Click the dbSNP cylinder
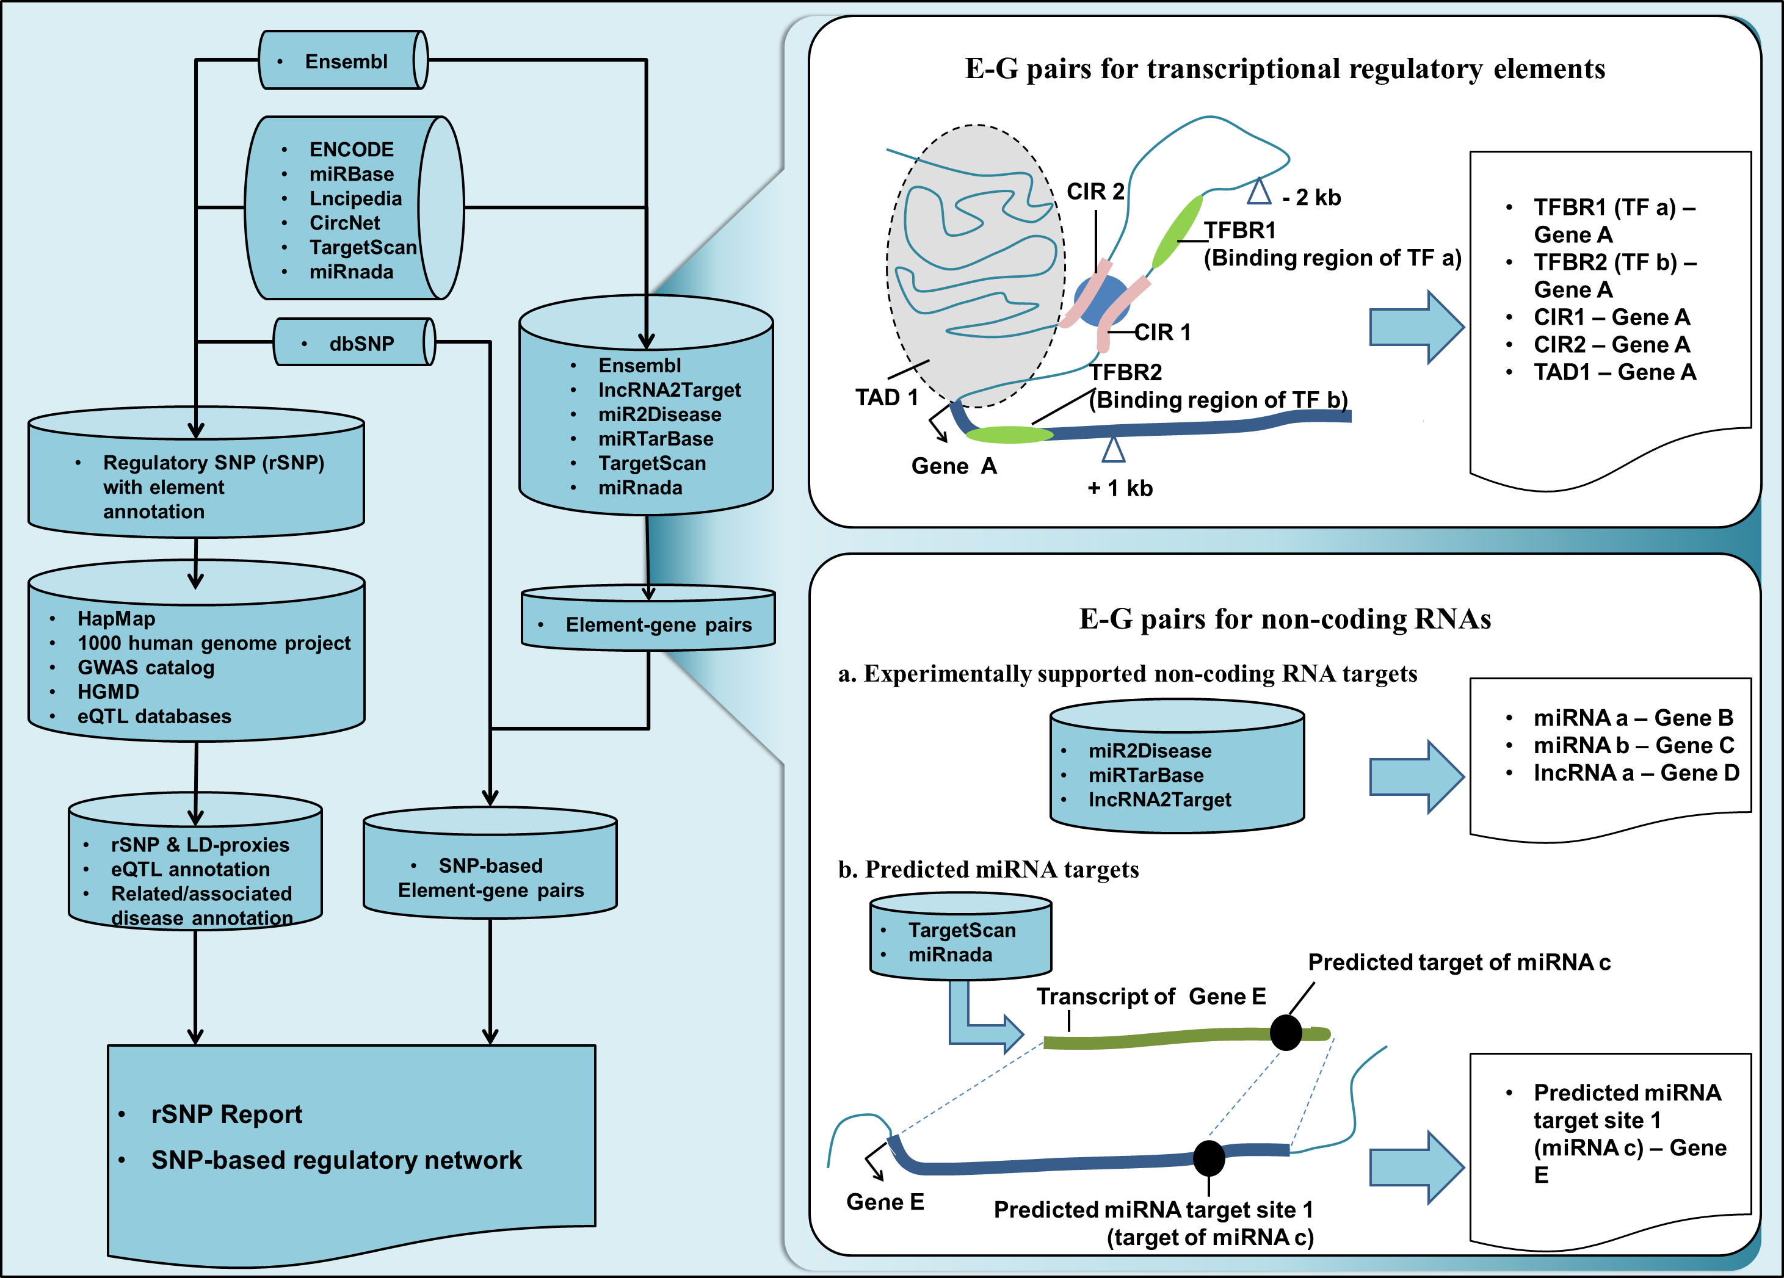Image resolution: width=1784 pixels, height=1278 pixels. [x=354, y=343]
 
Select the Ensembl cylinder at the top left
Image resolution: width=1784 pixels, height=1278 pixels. [x=344, y=60]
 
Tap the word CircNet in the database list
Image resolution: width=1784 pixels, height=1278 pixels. [x=344, y=223]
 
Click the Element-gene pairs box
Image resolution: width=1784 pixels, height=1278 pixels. [x=648, y=621]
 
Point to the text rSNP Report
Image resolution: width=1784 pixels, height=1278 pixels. [x=227, y=1114]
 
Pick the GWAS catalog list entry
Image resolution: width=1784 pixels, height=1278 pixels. [x=145, y=668]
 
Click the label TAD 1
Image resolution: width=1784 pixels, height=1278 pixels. [x=887, y=397]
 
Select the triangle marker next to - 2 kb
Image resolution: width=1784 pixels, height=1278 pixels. [x=1260, y=191]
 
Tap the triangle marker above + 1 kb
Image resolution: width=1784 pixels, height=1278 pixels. [x=1113, y=450]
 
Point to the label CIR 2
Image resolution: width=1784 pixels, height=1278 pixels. [x=1095, y=192]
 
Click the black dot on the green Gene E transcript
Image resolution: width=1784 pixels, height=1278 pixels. [x=1286, y=1033]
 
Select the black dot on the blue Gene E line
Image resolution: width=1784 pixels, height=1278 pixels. [x=1209, y=1158]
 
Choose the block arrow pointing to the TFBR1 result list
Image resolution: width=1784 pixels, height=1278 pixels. [x=1416, y=327]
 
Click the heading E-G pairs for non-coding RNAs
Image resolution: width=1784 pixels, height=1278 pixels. [x=1285, y=619]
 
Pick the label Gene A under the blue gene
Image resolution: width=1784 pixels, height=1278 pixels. [x=953, y=466]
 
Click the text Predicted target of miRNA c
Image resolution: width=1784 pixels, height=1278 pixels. [x=1459, y=962]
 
